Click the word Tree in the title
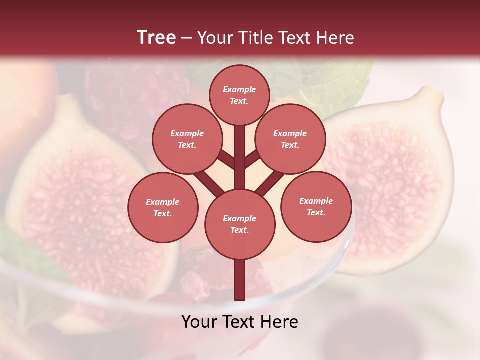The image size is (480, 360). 156,37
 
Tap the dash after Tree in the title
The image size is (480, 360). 187,38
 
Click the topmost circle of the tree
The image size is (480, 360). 239,95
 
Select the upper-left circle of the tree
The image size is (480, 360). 187,139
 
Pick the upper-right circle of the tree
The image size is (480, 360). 290,139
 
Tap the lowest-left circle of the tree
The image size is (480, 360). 163,207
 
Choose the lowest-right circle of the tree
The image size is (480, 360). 316,206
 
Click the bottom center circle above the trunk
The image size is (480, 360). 240,224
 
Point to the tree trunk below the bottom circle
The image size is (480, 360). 240,280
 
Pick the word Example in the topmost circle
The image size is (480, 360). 239,89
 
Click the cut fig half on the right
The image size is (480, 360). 395,180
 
